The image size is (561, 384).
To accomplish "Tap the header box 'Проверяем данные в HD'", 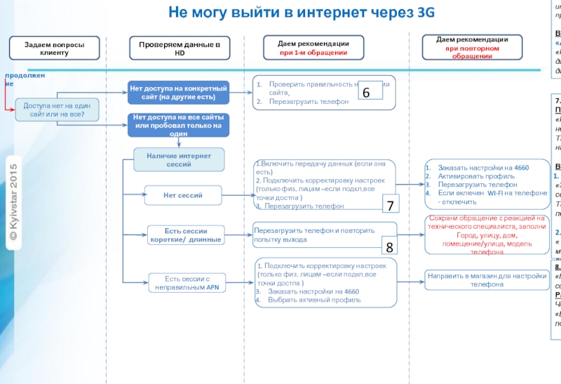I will click(x=179, y=48).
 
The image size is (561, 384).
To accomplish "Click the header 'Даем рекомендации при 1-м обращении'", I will click(x=313, y=47).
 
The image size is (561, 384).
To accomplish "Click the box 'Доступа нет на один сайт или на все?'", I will click(x=58, y=109).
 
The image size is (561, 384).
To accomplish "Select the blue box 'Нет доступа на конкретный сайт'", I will click(x=178, y=92).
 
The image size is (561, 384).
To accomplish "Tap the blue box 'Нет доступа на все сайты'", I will click(x=178, y=124).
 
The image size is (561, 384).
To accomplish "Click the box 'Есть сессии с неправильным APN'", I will click(x=187, y=282).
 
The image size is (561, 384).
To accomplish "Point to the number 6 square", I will click(x=366, y=93).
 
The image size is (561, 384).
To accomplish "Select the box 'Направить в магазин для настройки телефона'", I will click(x=487, y=280).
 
